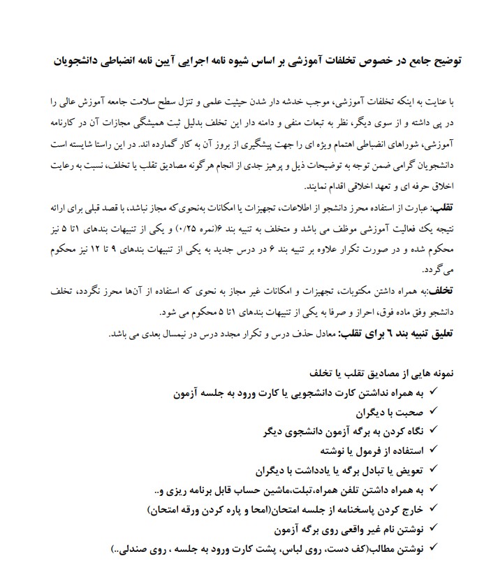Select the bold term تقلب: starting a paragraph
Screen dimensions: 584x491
tap(443, 208)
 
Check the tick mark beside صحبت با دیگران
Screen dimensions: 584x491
tap(433, 411)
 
